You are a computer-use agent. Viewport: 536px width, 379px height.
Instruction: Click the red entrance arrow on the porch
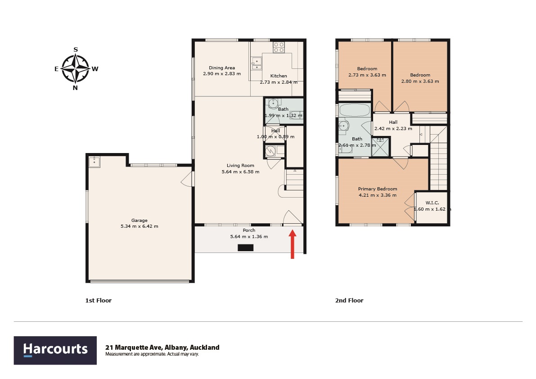(292, 244)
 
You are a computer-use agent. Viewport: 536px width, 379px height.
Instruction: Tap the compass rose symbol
(76, 69)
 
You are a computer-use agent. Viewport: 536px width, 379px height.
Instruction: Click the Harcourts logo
(55, 350)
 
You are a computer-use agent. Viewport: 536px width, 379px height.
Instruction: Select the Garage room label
(140, 221)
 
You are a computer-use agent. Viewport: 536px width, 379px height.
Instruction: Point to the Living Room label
(240, 165)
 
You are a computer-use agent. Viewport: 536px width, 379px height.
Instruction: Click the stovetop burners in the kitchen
(279, 47)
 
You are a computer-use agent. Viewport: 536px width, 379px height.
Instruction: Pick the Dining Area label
(222, 68)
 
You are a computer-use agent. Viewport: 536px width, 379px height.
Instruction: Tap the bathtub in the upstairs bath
(355, 110)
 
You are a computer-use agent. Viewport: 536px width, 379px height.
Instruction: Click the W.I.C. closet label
(432, 203)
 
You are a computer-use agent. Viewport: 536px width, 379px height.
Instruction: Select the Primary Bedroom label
(378, 189)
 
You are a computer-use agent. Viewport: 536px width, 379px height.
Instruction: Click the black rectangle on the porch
(245, 248)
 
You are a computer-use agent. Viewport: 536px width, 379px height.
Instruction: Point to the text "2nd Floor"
(349, 300)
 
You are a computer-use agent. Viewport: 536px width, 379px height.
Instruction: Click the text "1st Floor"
(99, 300)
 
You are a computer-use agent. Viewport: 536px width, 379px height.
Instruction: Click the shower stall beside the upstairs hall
(380, 147)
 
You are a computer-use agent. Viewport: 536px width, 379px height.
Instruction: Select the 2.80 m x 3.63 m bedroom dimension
(420, 81)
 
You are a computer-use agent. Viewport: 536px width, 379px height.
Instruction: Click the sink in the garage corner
(95, 162)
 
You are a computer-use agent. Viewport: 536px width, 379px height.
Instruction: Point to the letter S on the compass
(76, 50)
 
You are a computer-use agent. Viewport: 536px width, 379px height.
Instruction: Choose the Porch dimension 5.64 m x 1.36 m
(249, 236)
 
